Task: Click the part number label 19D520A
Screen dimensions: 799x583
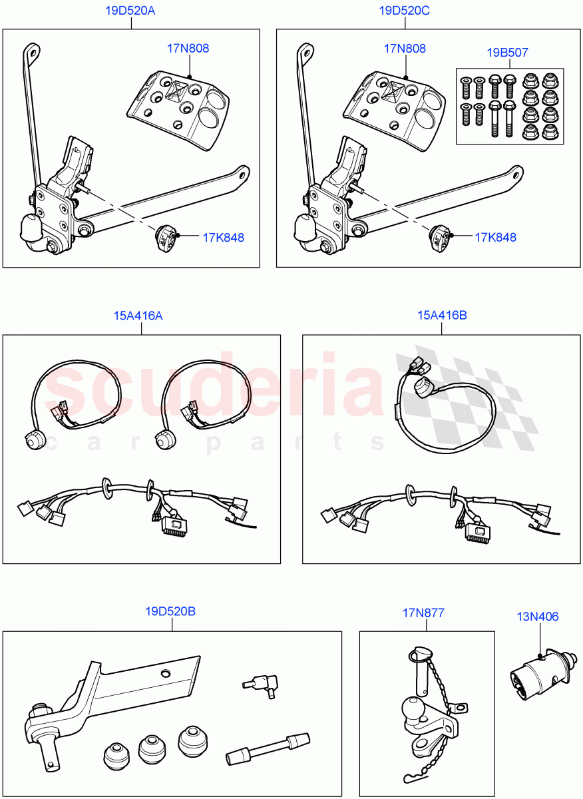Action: tap(130, 11)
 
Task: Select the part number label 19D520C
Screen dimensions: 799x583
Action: tap(405, 11)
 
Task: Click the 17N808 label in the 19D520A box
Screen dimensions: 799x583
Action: tap(188, 49)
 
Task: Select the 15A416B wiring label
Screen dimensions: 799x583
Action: tap(442, 316)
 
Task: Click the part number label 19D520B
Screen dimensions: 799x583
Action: tap(170, 611)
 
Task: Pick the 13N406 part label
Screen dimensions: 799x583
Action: tap(538, 617)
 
